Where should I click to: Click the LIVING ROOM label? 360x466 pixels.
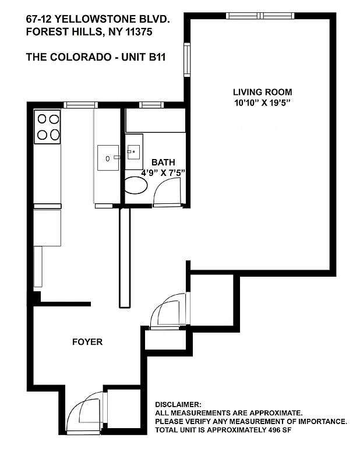point(262,92)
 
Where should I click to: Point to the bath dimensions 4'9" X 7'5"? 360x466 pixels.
point(163,173)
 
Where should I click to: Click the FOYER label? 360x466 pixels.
point(87,342)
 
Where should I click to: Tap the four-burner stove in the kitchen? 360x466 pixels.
point(48,128)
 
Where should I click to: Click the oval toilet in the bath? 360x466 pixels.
point(136,186)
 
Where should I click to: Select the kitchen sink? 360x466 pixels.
point(108,157)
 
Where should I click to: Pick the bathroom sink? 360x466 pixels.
point(134,153)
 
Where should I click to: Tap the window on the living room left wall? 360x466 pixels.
point(187,57)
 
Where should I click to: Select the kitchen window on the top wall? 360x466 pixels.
point(80,105)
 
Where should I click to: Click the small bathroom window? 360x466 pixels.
point(151,105)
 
